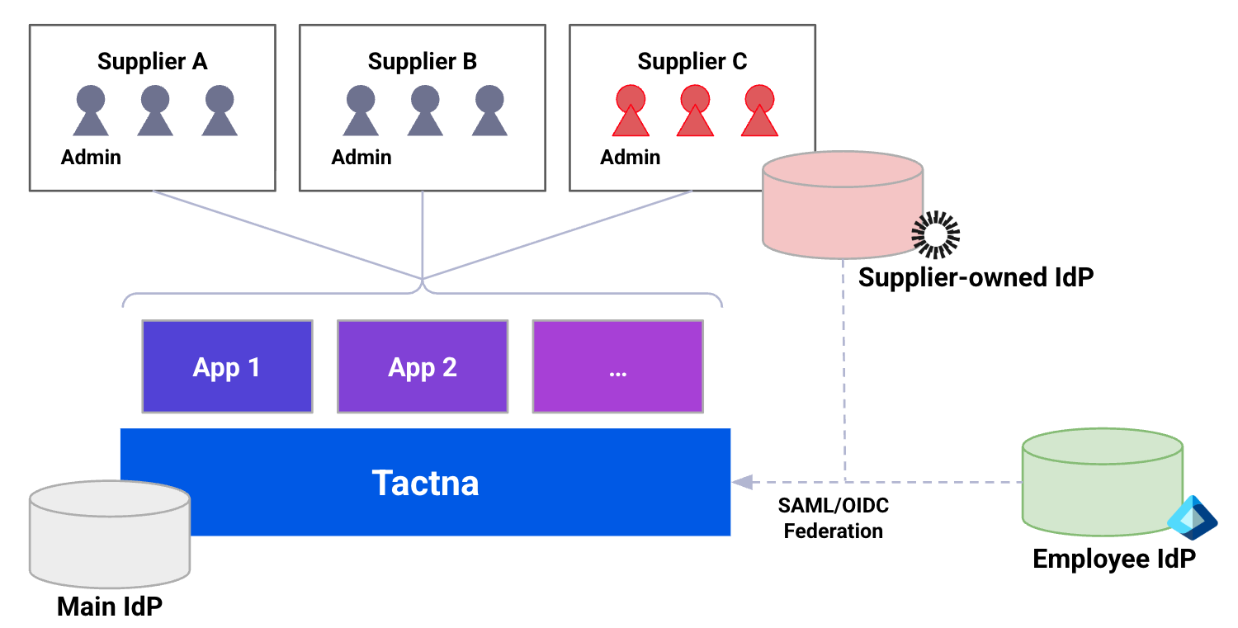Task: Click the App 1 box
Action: tap(227, 366)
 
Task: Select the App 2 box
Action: tap(423, 366)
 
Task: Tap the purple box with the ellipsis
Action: tap(617, 366)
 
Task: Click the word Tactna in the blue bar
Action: tap(425, 483)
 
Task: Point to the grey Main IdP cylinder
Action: tap(110, 532)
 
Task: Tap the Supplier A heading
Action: tap(152, 62)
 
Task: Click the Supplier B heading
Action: tap(422, 62)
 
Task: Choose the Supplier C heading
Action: tap(692, 62)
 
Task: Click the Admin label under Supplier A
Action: tap(91, 157)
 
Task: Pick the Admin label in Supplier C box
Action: tap(631, 157)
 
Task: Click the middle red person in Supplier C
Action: tap(694, 111)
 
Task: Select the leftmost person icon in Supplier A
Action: tap(91, 111)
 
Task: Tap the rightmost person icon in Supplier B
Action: tap(489, 111)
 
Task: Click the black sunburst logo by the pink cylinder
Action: tap(935, 235)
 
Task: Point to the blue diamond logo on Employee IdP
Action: tap(1193, 517)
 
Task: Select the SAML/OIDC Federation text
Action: tap(833, 517)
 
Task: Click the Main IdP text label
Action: tap(110, 607)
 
